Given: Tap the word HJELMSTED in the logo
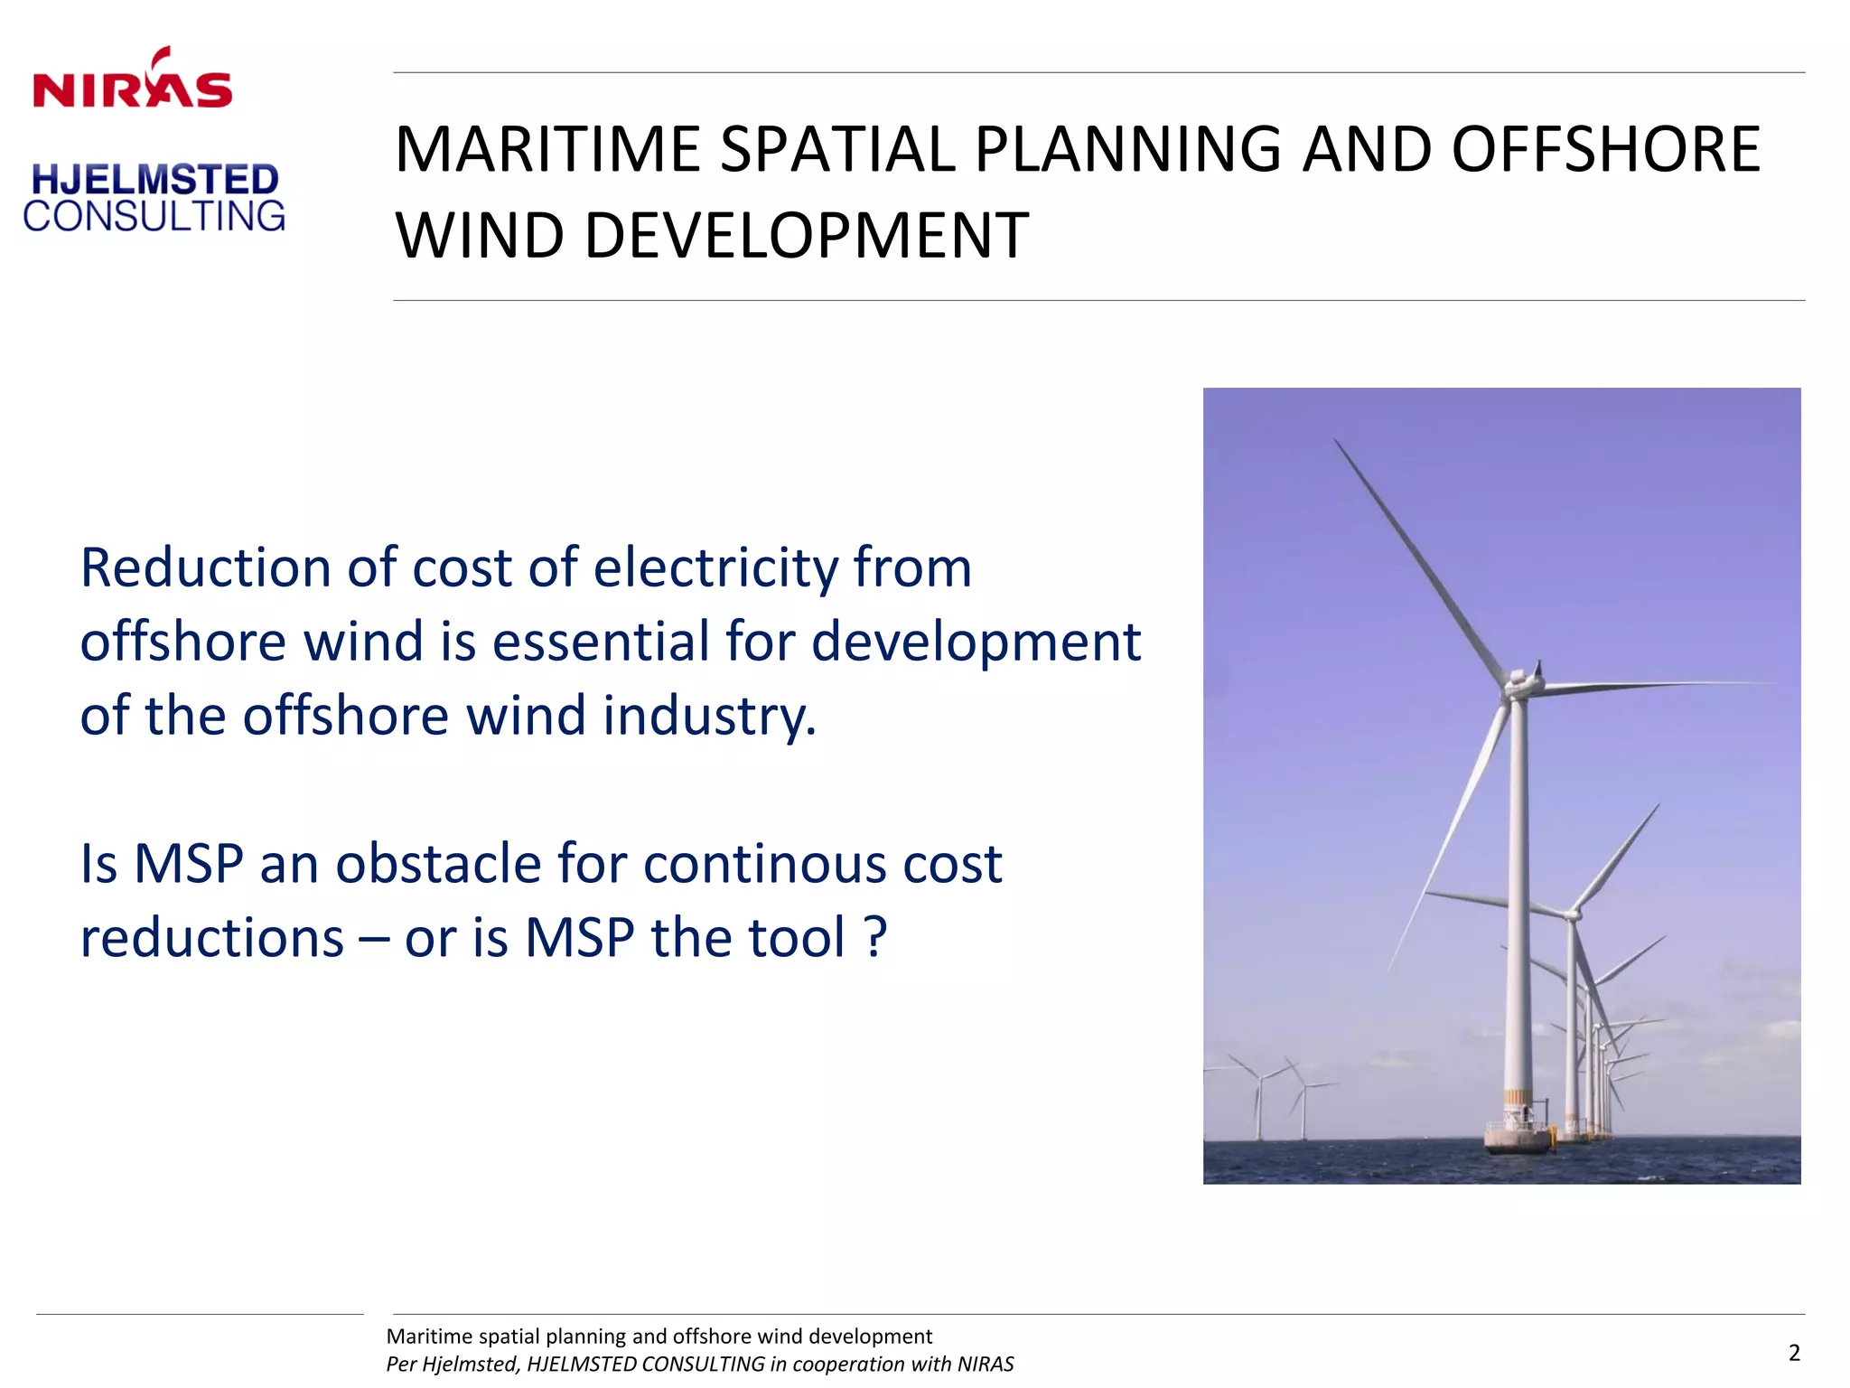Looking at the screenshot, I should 154,180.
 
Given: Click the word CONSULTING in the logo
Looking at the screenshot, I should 154,217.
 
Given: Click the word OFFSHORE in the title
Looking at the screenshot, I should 1605,150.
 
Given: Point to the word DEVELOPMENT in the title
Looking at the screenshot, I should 806,237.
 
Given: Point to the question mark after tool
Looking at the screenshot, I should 875,938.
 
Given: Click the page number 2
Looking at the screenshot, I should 1794,1353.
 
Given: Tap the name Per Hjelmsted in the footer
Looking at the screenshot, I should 452,1365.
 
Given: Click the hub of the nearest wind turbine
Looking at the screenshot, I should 1518,684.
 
